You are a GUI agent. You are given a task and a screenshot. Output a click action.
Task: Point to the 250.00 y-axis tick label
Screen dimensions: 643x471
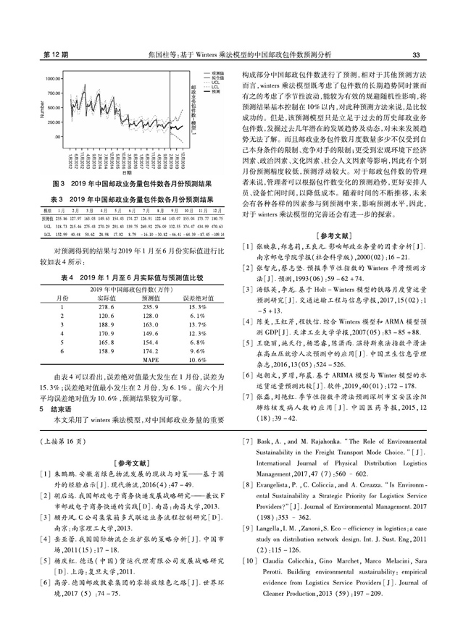point(54,122)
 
